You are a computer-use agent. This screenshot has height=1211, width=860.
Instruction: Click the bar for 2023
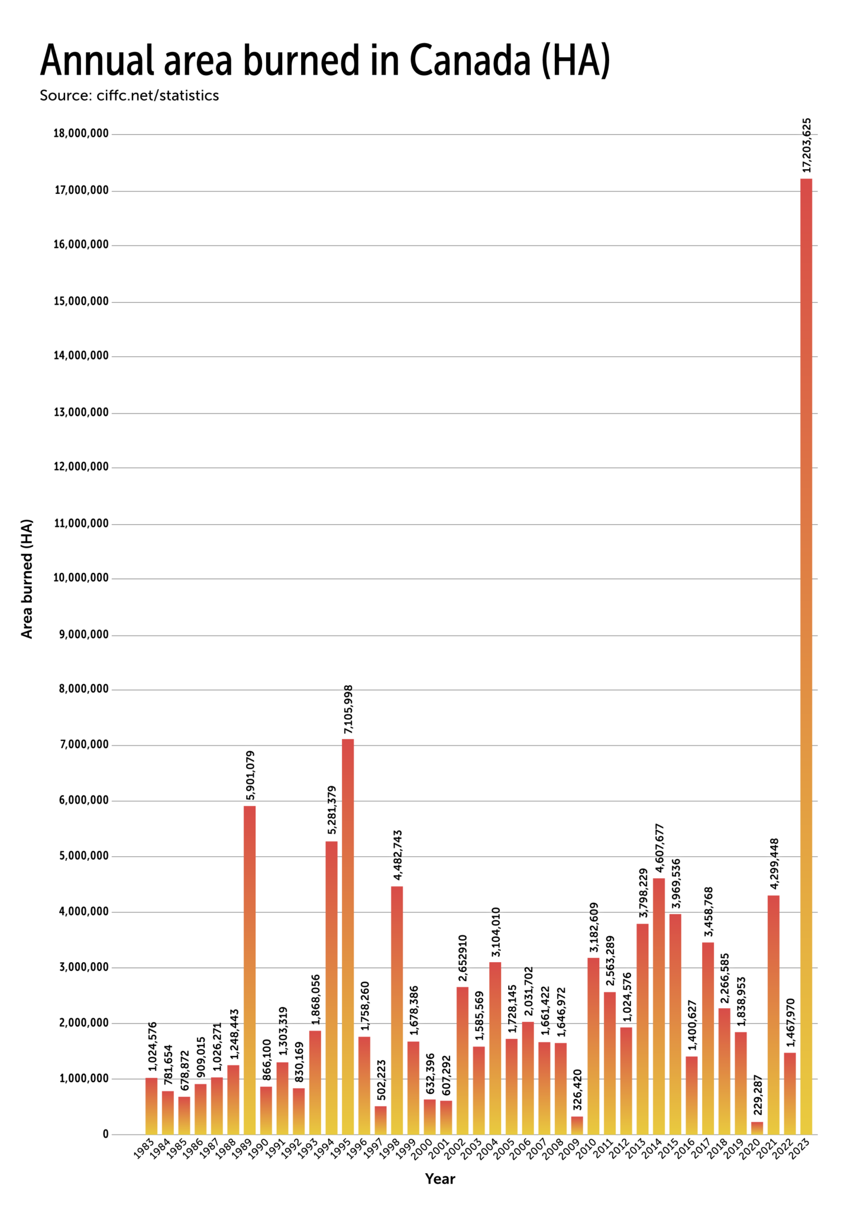(x=806, y=656)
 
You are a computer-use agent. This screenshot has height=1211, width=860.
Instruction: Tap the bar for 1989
(x=250, y=970)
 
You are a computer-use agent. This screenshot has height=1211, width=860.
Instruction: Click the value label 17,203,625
(x=806, y=145)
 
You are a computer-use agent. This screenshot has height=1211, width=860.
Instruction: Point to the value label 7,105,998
(x=348, y=710)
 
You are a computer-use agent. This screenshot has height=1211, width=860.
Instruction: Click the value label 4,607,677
(x=659, y=848)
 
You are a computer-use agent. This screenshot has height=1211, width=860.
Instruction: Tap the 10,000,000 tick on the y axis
(x=81, y=578)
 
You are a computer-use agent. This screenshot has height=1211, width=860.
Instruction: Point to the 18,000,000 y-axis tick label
(x=81, y=134)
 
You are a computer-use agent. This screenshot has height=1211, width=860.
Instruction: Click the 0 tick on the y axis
(x=105, y=1134)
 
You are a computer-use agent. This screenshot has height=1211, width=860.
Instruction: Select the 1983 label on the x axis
(x=146, y=1151)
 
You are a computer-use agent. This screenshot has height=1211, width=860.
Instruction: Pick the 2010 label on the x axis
(x=587, y=1151)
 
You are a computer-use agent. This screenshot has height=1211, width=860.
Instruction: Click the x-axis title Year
(x=440, y=1179)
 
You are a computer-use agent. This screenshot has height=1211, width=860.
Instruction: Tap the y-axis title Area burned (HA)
(x=27, y=578)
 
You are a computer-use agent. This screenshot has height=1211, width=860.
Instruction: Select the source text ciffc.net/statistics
(x=157, y=96)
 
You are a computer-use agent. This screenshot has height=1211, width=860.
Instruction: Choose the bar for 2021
(x=773, y=1015)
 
